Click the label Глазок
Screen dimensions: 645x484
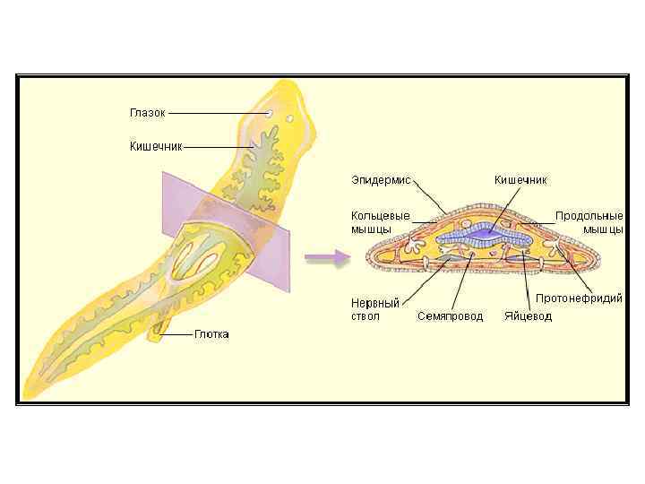pos(148,113)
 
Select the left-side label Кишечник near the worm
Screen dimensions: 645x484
pos(157,145)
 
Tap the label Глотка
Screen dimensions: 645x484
pos(211,334)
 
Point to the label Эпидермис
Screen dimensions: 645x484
pos(380,180)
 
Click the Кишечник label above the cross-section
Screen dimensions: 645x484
pos(520,180)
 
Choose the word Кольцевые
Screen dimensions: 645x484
pos(380,216)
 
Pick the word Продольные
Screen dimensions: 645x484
pos(589,216)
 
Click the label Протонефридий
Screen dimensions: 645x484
pos(579,298)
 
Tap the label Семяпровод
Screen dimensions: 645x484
pos(450,316)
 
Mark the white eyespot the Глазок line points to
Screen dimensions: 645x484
pos(270,115)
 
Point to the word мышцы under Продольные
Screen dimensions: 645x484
pos(603,229)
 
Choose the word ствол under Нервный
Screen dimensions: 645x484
pos(365,316)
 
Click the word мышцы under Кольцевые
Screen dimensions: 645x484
pos(371,229)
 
